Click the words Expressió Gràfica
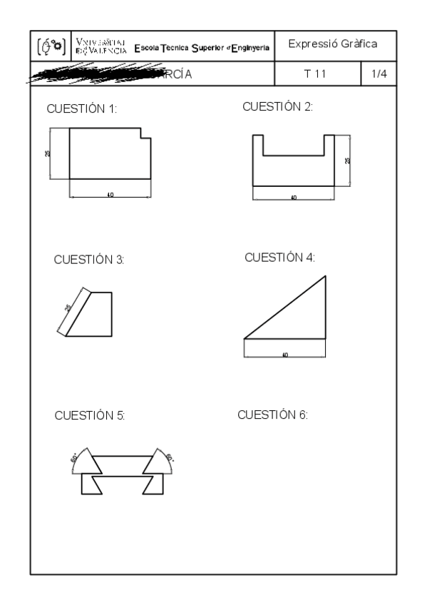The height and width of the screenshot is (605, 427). tap(333, 45)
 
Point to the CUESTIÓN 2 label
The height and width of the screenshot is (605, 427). tap(278, 107)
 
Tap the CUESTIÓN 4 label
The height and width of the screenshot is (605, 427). tap(279, 257)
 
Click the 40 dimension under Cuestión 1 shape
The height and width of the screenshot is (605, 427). tap(110, 195)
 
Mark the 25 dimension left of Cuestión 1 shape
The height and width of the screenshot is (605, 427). tap(47, 153)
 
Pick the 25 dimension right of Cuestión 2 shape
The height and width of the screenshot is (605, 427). tap(348, 160)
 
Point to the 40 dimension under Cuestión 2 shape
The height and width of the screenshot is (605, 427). tap(294, 198)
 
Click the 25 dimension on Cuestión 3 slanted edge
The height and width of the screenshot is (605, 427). tap(68, 308)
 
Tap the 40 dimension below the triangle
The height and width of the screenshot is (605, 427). tap(285, 355)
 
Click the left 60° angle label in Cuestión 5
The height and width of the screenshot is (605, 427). tap(73, 459)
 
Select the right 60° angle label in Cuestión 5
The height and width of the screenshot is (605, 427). tap(170, 457)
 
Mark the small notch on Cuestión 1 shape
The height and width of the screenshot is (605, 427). tap(145, 133)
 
